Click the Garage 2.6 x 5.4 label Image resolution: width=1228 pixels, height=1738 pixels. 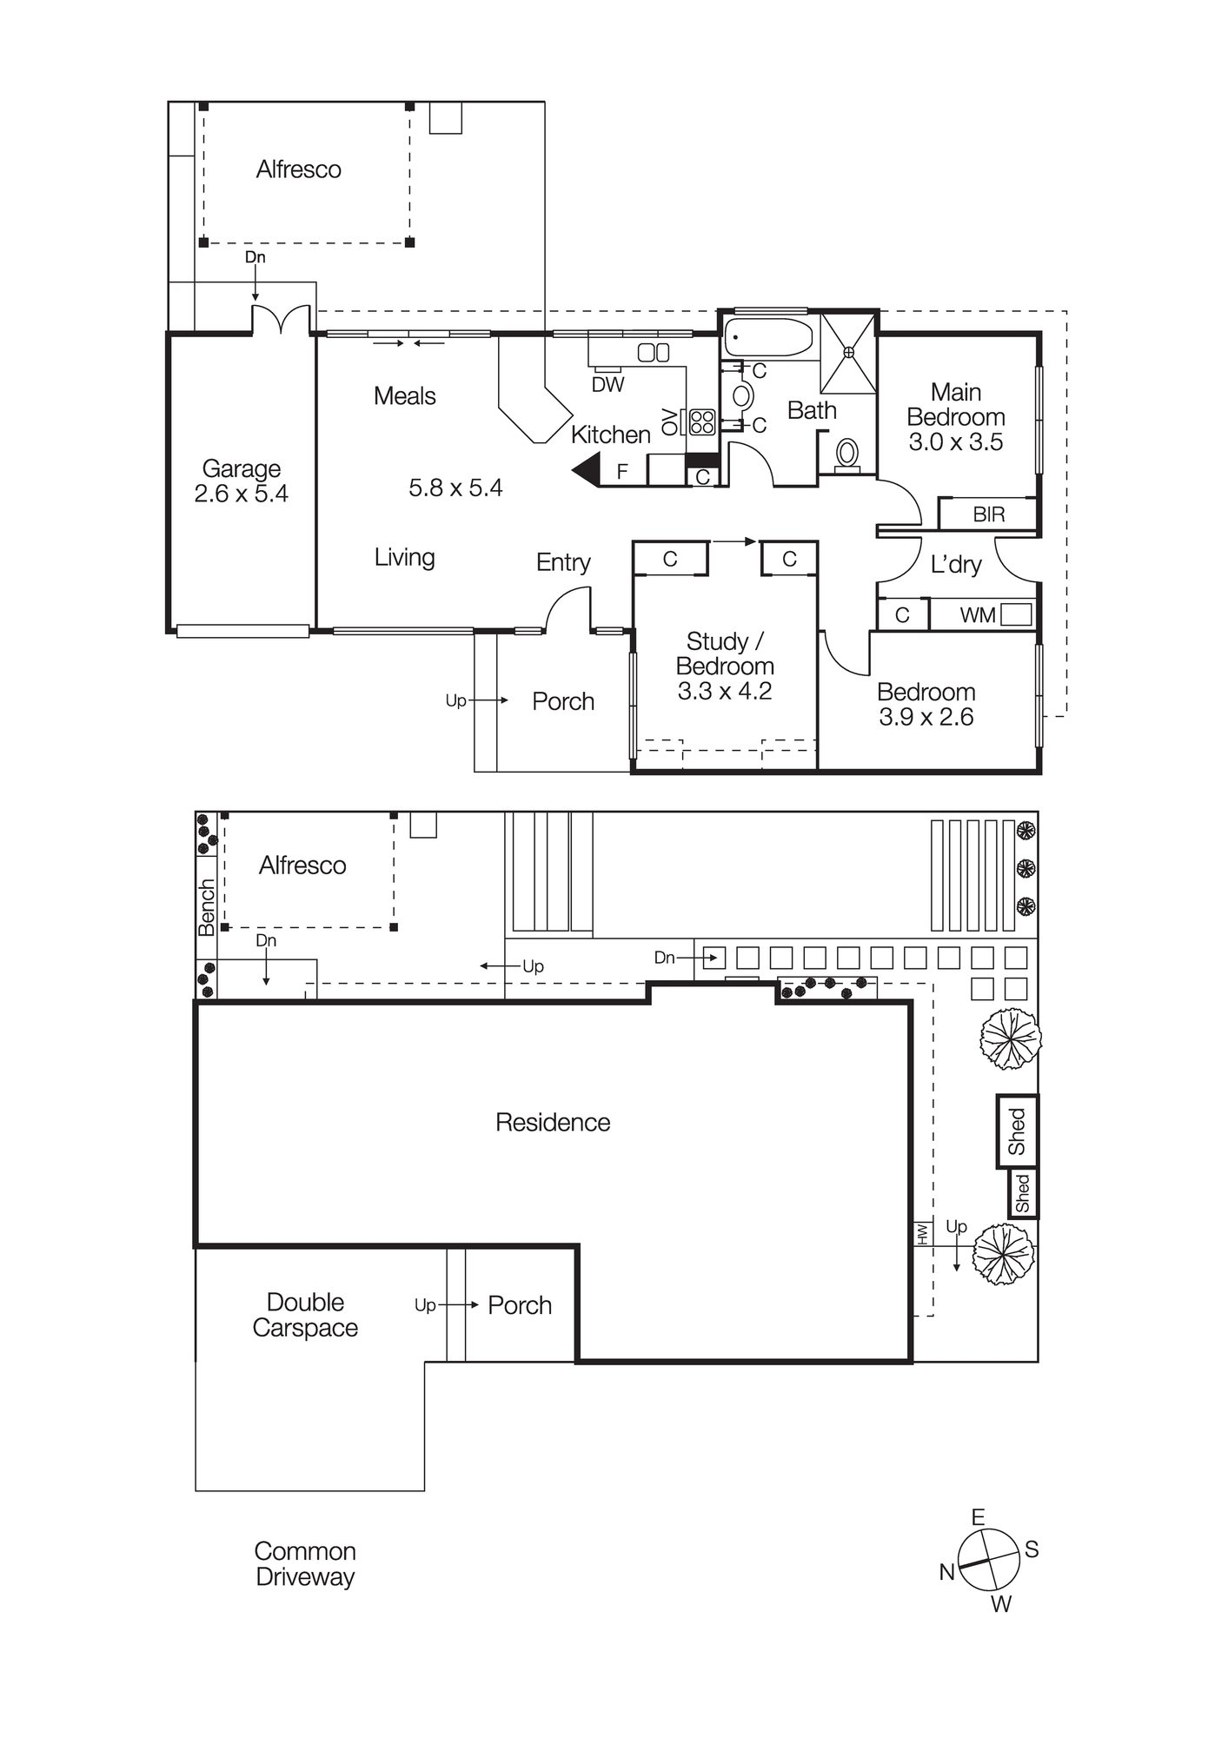[241, 481]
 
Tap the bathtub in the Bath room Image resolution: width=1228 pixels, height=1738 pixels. [768, 337]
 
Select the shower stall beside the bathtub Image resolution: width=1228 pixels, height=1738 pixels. [848, 352]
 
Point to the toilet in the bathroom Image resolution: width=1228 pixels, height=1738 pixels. [846, 454]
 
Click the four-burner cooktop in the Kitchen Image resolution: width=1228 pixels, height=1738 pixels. [701, 421]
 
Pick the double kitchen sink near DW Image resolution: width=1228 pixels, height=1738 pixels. [653, 352]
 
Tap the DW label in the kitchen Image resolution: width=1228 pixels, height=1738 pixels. [607, 384]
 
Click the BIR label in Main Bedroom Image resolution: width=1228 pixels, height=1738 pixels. [988, 514]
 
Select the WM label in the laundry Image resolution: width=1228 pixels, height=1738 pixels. [977, 615]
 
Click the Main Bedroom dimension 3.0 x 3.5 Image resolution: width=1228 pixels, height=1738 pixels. [955, 442]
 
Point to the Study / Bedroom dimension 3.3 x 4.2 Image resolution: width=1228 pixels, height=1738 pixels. [724, 691]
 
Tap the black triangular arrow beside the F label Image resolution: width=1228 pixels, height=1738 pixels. [587, 470]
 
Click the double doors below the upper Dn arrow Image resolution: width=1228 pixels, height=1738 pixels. [280, 320]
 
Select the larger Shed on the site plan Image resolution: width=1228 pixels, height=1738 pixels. [1017, 1131]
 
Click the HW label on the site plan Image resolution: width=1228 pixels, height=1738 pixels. [922, 1232]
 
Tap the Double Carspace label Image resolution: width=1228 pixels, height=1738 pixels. [305, 1315]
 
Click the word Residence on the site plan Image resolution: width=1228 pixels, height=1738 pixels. [552, 1122]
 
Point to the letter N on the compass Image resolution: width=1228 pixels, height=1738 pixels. [946, 1572]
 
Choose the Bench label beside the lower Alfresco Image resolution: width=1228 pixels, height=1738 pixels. [206, 907]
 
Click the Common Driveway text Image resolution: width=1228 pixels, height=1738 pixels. [305, 1564]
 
